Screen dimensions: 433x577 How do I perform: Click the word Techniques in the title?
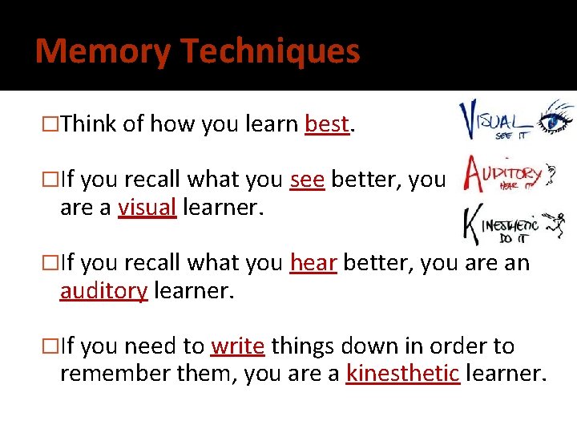(x=270, y=51)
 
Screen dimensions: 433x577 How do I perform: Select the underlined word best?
(x=326, y=124)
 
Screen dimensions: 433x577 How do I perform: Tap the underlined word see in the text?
(x=307, y=180)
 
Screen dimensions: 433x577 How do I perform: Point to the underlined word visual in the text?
(x=147, y=207)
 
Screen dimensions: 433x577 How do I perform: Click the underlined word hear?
(x=313, y=263)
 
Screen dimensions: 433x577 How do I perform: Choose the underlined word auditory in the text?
(x=103, y=290)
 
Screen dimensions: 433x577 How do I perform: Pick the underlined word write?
(x=237, y=346)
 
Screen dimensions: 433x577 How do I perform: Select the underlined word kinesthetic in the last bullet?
(x=403, y=374)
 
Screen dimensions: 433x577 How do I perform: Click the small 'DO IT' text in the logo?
(x=514, y=239)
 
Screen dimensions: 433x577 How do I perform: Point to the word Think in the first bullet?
(x=88, y=124)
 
